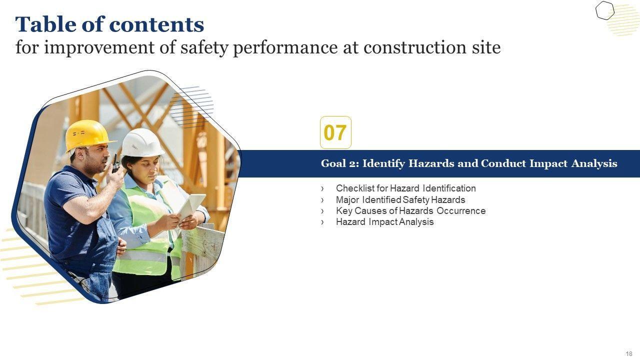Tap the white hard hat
142,143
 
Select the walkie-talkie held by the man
115,164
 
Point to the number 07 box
335,132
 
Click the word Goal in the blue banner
333,163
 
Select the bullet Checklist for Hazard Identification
405,188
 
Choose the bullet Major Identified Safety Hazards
400,199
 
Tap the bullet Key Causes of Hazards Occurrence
410,211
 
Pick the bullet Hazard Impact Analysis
384,221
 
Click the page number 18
629,354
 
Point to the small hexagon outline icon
605,10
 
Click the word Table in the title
46,24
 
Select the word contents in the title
156,25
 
